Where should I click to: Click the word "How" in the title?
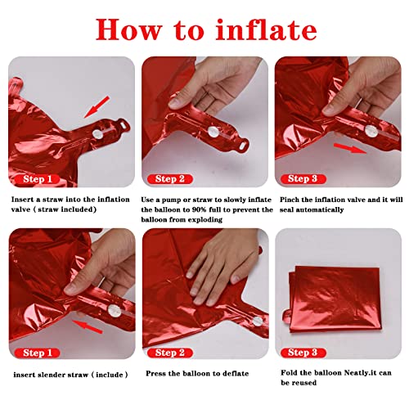(130, 29)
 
